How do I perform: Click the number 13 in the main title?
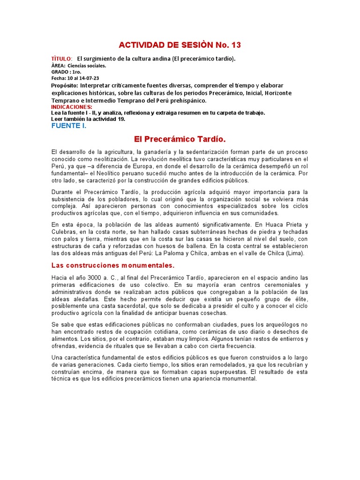(234, 45)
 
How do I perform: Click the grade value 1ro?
(76, 72)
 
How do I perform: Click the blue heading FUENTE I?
(68, 126)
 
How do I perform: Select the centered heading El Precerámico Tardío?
(180, 139)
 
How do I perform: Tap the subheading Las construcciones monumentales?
(112, 265)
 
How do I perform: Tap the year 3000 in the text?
(96, 278)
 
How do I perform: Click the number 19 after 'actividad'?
(114, 119)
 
